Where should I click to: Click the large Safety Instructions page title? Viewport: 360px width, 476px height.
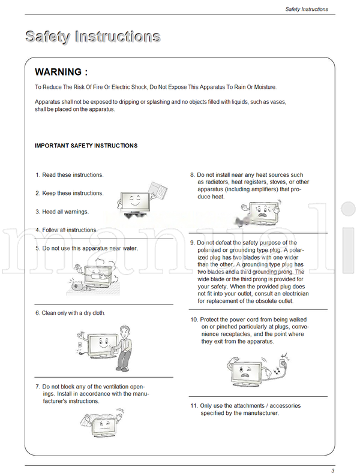(x=92, y=37)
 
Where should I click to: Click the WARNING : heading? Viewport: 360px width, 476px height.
(x=61, y=72)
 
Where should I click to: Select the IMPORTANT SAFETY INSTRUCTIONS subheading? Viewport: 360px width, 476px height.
(x=86, y=146)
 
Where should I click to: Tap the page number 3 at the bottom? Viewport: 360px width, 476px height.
(x=332, y=471)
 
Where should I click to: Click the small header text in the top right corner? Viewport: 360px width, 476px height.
(x=306, y=9)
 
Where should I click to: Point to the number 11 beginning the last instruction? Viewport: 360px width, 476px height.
(x=194, y=406)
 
